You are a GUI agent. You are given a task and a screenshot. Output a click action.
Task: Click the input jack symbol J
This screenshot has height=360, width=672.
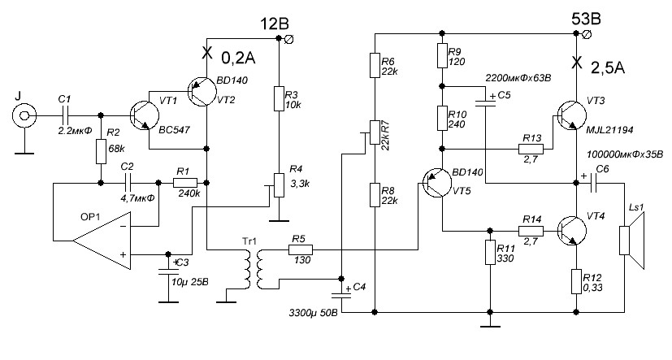pos(27,116)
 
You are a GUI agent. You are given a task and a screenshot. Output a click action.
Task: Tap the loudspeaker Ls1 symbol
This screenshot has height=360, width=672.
pos(628,248)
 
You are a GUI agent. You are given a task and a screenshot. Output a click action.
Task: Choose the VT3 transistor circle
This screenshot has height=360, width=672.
pos(574,116)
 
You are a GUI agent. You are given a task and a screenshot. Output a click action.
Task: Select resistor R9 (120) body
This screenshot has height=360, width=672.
pos(442,56)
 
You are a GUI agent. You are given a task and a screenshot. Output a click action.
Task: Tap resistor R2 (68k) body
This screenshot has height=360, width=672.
pos(101,151)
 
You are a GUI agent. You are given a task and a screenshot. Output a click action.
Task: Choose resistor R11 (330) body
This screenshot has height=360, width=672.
pos(490,252)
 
